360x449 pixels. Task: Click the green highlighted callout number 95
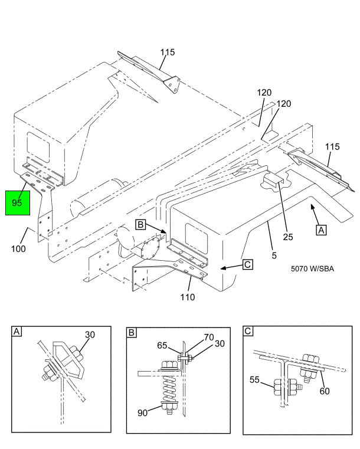pos(17,203)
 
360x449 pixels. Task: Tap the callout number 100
pos(19,249)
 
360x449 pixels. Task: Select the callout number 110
pos(188,297)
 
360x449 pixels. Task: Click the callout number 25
pos(288,237)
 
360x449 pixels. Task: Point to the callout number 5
pos(274,255)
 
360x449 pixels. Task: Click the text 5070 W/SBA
pos(312,268)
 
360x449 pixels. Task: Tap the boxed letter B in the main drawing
pos(140,224)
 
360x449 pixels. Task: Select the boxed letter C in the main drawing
pos(248,264)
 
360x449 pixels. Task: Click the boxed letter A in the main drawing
pos(321,230)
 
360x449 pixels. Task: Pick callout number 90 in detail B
pos(143,412)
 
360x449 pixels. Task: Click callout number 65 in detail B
pos(162,346)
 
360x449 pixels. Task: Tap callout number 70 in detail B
pos(209,337)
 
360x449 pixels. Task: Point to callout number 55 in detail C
pos(254,380)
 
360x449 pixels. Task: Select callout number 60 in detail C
pos(325,391)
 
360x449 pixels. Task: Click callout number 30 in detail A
pos(90,335)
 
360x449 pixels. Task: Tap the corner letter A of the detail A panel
pos(17,332)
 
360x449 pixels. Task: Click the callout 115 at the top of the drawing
pos(168,52)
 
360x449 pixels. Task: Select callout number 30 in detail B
pos(220,343)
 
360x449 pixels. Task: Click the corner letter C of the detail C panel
pos(248,332)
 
